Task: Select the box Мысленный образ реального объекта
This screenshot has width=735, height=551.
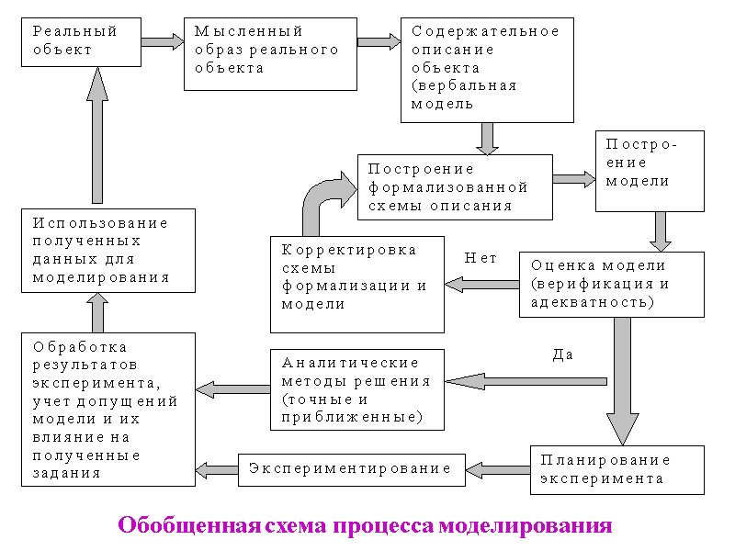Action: click(x=270, y=54)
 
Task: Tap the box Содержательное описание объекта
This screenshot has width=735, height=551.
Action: click(x=487, y=69)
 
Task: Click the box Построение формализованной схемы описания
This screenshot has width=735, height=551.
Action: click(x=455, y=187)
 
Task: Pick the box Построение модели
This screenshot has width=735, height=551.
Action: click(x=650, y=172)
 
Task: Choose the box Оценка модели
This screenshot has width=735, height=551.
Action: click(x=611, y=285)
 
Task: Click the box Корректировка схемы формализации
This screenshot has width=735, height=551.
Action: click(x=356, y=284)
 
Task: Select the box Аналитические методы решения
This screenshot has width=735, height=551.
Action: click(x=357, y=389)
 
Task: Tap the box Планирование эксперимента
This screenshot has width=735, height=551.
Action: click(x=616, y=469)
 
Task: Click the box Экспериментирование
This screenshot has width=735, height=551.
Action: click(x=352, y=469)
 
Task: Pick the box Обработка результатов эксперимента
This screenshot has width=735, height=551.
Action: click(x=108, y=410)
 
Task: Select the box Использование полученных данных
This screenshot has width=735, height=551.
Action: click(x=108, y=251)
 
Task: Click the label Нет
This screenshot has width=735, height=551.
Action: click(x=481, y=259)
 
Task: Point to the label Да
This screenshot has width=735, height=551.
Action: click(x=563, y=354)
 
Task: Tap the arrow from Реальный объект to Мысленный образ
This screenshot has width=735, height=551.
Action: click(x=163, y=41)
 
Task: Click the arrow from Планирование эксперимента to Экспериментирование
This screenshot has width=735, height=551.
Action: click(x=497, y=469)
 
